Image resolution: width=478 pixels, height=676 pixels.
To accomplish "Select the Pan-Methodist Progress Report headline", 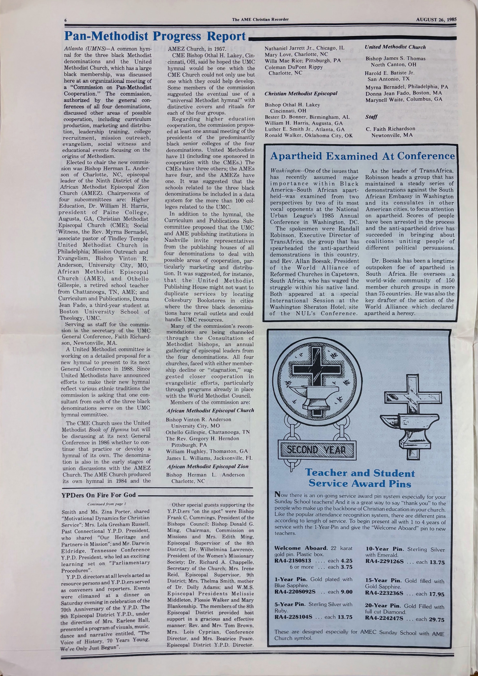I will point(155,36).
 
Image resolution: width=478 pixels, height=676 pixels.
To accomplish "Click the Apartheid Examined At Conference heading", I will point(362,156).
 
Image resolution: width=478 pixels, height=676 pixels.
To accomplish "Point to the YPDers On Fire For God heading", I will point(99,495).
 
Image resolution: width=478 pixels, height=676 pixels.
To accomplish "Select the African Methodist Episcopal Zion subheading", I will point(207,466).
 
